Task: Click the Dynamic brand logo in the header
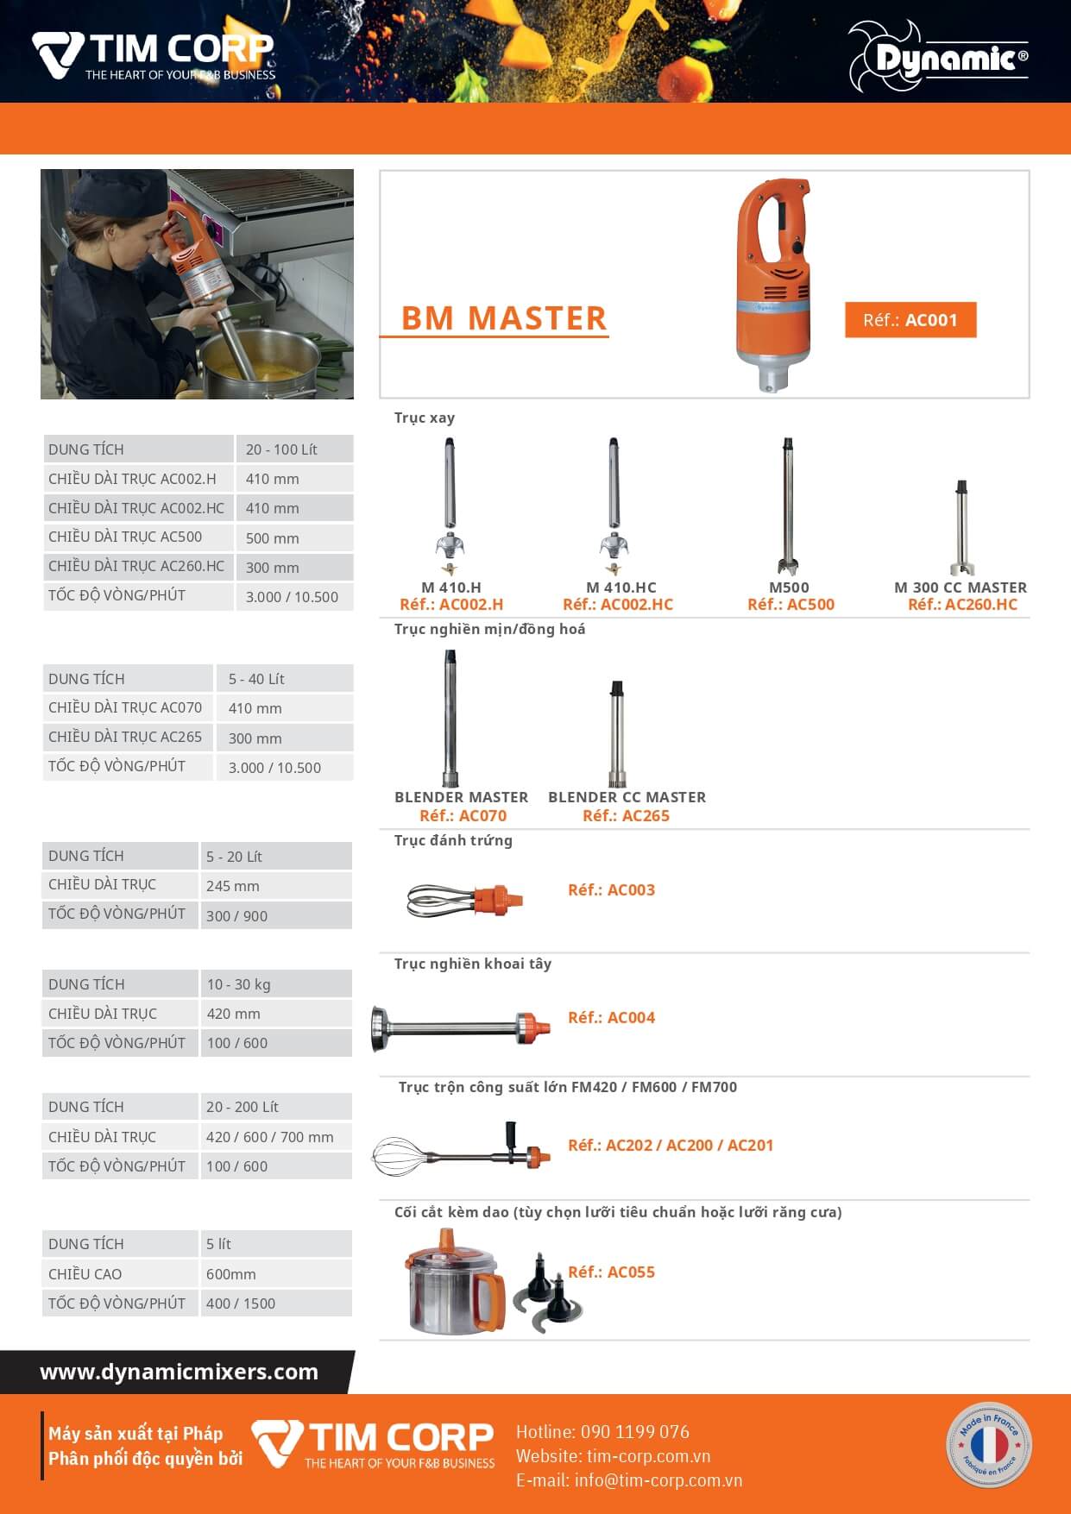(x=938, y=57)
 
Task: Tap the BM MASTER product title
(x=504, y=318)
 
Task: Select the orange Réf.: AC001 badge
(x=910, y=320)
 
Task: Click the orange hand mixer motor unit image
(x=773, y=285)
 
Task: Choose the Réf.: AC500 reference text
(x=791, y=605)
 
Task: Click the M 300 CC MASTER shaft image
(x=962, y=527)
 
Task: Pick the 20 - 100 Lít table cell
(x=293, y=449)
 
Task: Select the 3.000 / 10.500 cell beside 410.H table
(x=293, y=597)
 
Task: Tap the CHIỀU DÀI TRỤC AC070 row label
(x=125, y=707)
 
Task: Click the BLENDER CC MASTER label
(x=627, y=797)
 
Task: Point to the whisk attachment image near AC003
(x=465, y=901)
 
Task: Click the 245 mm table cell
(x=275, y=886)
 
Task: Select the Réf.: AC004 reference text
(x=611, y=1018)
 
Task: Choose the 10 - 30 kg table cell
(x=275, y=984)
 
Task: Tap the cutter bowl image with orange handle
(x=454, y=1282)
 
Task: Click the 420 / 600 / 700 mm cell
(x=275, y=1137)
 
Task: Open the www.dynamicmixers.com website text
(x=180, y=1372)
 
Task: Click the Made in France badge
(x=989, y=1445)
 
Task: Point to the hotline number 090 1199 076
(x=635, y=1432)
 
